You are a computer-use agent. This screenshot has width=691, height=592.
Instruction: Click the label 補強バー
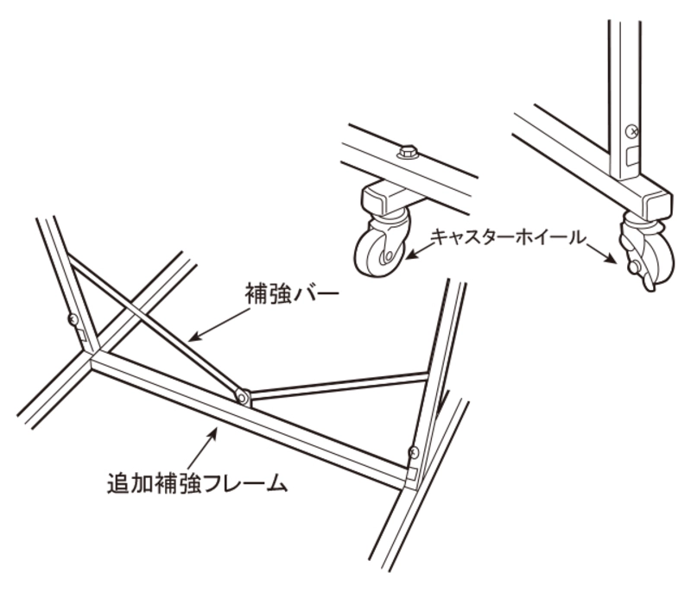click(x=292, y=294)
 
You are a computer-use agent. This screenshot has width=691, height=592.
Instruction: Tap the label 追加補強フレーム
click(x=198, y=483)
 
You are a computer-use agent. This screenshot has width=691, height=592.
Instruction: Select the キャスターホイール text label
click(x=509, y=237)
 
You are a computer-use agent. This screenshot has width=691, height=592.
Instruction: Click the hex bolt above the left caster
click(x=408, y=152)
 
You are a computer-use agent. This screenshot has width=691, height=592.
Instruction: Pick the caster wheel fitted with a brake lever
click(x=646, y=249)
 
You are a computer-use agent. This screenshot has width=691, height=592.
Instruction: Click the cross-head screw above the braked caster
click(x=632, y=130)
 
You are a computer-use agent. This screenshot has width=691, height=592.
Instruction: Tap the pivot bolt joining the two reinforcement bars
click(x=242, y=397)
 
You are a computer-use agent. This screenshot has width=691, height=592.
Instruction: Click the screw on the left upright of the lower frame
click(x=73, y=319)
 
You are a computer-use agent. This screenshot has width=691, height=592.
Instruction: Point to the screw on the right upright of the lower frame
click(x=414, y=452)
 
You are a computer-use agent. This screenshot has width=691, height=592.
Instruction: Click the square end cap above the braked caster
click(x=658, y=205)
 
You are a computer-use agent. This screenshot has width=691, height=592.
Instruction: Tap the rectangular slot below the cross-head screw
click(x=632, y=156)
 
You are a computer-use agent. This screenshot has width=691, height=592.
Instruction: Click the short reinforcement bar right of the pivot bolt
click(x=339, y=386)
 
